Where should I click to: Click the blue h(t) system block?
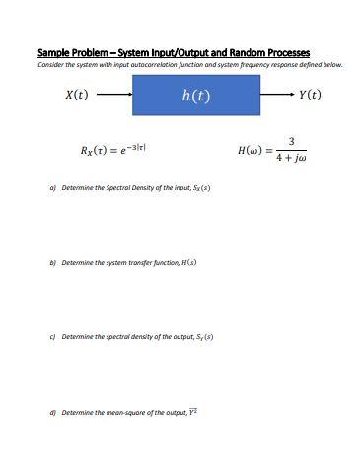pos(196,96)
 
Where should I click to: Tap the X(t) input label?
pos(76,96)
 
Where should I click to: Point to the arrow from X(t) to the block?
pos(113,96)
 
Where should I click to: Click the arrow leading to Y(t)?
pos(277,96)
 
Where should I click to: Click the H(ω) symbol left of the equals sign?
pos(250,151)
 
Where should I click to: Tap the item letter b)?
pos(52,263)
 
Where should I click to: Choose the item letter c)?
pos(52,337)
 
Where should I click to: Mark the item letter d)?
pos(52,412)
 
